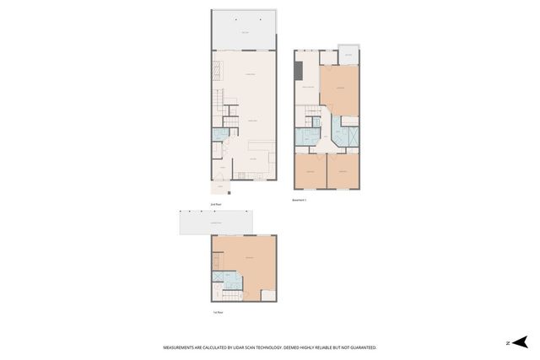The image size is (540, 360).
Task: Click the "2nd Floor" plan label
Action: [x=216, y=204]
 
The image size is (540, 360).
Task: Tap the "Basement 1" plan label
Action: [x=300, y=201]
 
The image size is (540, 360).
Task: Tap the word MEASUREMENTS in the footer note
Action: [x=182, y=347]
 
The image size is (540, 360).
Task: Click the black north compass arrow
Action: [x=521, y=341]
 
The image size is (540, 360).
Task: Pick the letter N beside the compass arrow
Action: [x=509, y=342]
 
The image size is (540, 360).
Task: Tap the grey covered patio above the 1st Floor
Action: [x=216, y=223]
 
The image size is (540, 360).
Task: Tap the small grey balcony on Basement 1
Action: [x=348, y=56]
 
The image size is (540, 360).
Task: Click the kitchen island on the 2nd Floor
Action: [x=261, y=143]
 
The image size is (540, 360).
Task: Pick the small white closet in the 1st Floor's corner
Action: [x=268, y=295]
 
